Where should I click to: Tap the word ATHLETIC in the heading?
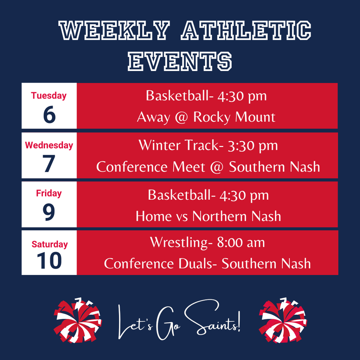pos(246,31)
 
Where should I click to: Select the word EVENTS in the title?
pos(180,61)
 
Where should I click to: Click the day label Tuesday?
pos(49,96)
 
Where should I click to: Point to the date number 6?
pos(49,115)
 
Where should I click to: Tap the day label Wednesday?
pos(49,145)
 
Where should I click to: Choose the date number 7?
pos(49,164)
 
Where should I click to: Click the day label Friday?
pos(49,193)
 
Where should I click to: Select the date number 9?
pos(49,213)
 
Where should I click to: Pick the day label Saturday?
pos(50,244)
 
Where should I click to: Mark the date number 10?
pos(49,261)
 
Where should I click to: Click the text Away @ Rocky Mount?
pos(206,117)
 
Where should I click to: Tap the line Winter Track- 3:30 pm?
pos(208,145)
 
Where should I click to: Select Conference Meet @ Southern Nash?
pos(208,167)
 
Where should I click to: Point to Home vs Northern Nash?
pos(208,216)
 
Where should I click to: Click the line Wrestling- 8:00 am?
pos(207,242)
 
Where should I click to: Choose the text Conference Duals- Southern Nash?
pos(207,263)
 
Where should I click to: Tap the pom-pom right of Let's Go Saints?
pos(283,321)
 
